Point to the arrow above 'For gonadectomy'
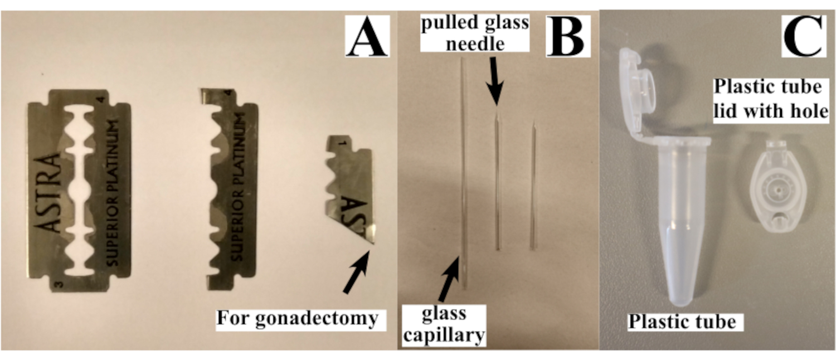tap(357, 272)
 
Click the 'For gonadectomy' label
tap(297, 319)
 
